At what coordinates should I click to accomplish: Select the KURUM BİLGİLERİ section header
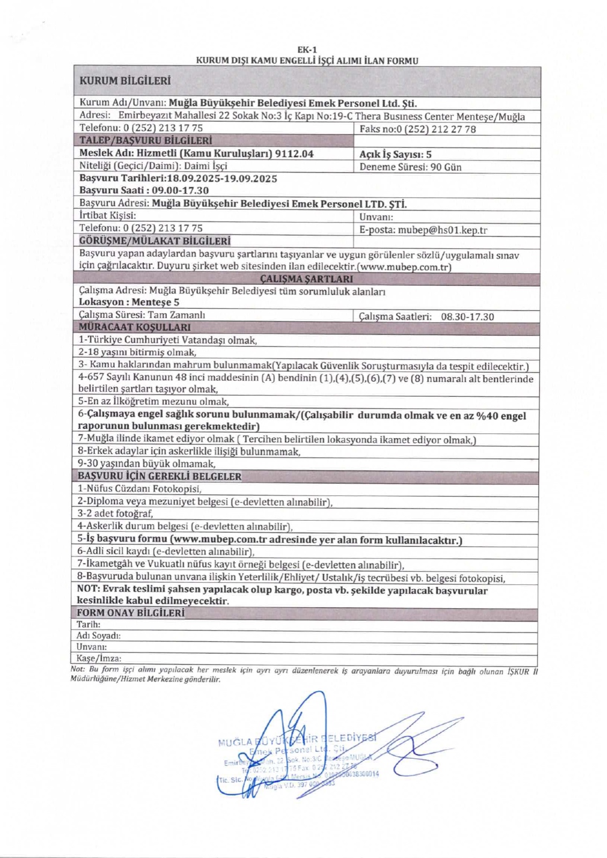click(x=124, y=81)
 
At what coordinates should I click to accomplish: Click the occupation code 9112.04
click(x=294, y=153)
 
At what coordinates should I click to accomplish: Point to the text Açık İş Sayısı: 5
click(x=395, y=154)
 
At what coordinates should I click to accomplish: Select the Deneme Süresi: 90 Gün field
click(x=410, y=167)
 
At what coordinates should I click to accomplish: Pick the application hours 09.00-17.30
click(x=180, y=190)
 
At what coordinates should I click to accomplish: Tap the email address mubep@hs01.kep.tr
click(x=442, y=230)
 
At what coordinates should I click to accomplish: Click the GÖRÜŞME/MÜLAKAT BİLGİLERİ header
click(x=155, y=241)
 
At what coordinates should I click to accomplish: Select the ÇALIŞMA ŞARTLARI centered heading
click(x=306, y=279)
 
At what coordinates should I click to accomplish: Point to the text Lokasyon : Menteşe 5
click(x=129, y=302)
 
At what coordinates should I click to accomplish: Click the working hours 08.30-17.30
click(x=467, y=316)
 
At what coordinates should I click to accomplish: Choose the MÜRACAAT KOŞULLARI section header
click(x=134, y=327)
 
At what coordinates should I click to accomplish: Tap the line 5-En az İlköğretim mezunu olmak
click(x=153, y=401)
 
